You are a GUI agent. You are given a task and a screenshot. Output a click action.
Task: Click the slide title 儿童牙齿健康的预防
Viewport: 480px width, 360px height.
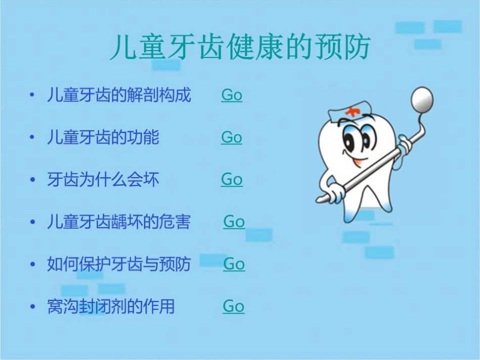[x=241, y=47]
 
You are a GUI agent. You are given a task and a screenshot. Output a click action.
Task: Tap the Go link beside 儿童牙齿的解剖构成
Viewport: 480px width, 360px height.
[x=231, y=95]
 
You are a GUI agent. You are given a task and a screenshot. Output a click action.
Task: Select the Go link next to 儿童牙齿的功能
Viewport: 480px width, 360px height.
[x=231, y=137]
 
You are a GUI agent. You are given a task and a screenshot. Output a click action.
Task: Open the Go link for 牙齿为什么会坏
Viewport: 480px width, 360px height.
[x=231, y=179]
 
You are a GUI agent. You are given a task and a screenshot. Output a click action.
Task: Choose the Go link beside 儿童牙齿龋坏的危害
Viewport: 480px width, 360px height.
[x=234, y=222]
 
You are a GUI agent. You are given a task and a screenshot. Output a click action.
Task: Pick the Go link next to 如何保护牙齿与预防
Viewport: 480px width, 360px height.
[x=234, y=264]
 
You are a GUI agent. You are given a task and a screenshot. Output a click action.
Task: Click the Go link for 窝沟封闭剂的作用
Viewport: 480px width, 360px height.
[x=233, y=306]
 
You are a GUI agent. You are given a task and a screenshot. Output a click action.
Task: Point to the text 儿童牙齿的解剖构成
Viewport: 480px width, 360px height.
[x=119, y=95]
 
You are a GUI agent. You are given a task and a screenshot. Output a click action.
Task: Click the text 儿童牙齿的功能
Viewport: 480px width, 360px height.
[x=103, y=137]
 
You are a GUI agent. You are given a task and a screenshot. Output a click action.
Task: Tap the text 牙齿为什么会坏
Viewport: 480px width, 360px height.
[x=103, y=180]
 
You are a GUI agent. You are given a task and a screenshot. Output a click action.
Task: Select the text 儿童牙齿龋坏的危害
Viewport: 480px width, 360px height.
[x=119, y=222]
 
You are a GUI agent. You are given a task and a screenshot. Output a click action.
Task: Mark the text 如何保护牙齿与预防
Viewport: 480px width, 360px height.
[x=119, y=264]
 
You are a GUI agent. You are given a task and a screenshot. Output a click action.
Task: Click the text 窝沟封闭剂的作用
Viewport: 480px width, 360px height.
[x=111, y=306]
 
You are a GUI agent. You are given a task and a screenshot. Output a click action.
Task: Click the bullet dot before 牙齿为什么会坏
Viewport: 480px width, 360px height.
[x=33, y=180]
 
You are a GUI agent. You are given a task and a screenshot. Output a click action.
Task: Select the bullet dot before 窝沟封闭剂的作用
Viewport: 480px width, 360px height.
[x=33, y=306]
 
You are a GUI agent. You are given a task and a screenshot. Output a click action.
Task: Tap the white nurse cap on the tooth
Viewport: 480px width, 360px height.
[x=349, y=112]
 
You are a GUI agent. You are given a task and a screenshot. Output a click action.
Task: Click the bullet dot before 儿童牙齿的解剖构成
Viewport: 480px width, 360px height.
[x=33, y=95]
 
